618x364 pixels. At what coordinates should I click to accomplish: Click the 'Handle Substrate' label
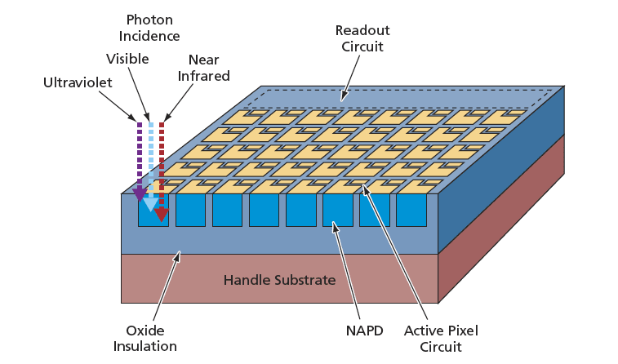pos(279,280)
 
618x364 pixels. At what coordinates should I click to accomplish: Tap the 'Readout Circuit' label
pos(362,38)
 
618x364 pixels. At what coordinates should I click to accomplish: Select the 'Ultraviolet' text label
pos(78,82)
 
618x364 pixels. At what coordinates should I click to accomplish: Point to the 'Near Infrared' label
pos(208,68)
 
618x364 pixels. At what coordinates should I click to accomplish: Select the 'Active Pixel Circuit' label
pos(441,338)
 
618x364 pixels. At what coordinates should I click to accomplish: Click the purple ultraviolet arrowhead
pos(140,194)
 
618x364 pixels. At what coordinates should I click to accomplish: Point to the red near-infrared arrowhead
pos(162,215)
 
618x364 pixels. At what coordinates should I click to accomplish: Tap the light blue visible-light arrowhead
pos(150,204)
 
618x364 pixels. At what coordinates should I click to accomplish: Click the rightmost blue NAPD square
pos(411,211)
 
